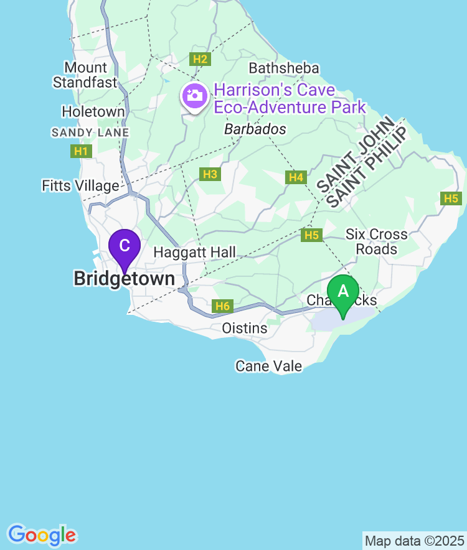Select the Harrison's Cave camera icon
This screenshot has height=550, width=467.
[194, 96]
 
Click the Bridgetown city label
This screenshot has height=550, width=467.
[124, 279]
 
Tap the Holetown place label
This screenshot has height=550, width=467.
[93, 112]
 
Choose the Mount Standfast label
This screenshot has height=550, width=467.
[85, 75]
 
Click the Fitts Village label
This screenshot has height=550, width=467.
[80, 185]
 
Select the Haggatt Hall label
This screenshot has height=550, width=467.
[194, 252]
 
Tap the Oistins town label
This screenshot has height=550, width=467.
[245, 328]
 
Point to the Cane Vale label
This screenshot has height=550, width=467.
[268, 366]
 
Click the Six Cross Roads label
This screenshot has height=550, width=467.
[377, 241]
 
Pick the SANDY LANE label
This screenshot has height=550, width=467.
[90, 133]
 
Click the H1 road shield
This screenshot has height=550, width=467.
[82, 151]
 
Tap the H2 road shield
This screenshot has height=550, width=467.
[200, 59]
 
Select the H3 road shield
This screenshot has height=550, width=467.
[210, 174]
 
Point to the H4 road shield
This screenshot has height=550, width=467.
[296, 178]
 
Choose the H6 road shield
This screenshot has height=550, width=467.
[222, 306]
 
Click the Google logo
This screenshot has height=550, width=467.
[42, 534]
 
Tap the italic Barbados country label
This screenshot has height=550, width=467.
[255, 129]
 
